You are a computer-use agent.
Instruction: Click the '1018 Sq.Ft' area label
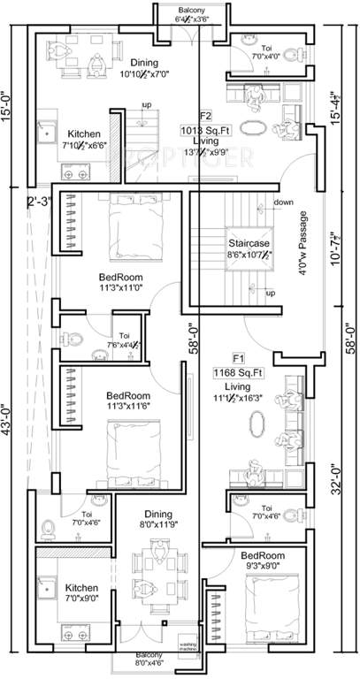click(x=220, y=127)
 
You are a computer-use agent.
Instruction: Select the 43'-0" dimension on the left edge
click(x=11, y=428)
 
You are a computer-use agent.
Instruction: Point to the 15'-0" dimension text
click(x=11, y=98)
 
